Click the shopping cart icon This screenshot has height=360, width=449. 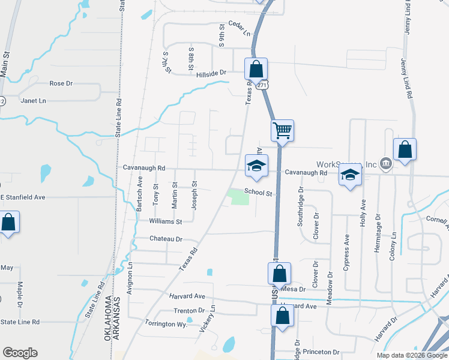point(282,130)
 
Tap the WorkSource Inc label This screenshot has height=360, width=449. point(347,164)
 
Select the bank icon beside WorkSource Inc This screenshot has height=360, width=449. point(386,163)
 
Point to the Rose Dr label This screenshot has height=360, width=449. point(61,83)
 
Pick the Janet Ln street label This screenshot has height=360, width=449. point(33,101)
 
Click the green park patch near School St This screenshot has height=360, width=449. point(240,196)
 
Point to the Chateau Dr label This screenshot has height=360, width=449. point(166,239)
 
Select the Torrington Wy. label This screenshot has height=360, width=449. point(167,323)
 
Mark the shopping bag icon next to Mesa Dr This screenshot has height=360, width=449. point(279,274)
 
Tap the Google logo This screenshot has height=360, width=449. point(20,353)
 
